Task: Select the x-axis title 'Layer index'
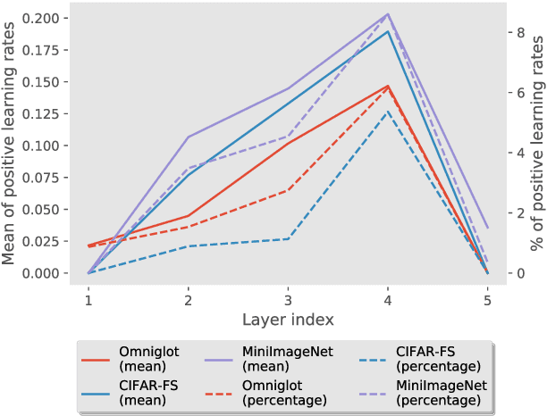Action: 287,318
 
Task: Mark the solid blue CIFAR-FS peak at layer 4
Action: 387,31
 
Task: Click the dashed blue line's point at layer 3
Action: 287,238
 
